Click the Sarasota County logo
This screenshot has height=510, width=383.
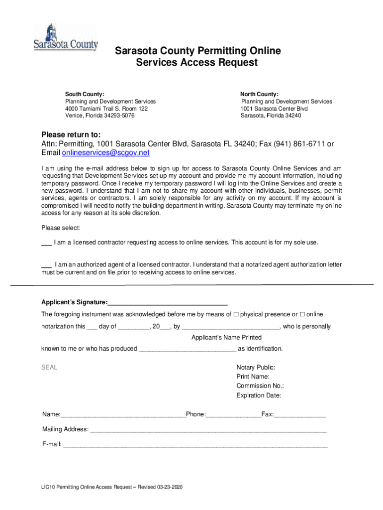(66, 37)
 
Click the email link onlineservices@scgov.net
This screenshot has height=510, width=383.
(105, 153)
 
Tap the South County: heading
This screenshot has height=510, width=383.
(85, 94)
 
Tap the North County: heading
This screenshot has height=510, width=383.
(259, 94)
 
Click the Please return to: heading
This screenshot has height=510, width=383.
(71, 134)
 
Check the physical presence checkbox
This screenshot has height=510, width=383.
(236, 314)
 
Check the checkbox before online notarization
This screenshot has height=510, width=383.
(302, 314)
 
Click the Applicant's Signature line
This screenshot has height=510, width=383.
(168, 302)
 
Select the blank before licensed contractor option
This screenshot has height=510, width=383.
(46, 243)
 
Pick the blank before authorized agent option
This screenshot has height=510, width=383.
(46, 264)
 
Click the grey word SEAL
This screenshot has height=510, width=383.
(49, 368)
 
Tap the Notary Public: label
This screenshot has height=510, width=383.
(256, 368)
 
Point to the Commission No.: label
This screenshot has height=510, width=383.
(260, 386)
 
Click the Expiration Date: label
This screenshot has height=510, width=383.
(259, 395)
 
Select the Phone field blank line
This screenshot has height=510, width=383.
(233, 415)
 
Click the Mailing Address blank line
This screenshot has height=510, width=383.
(208, 430)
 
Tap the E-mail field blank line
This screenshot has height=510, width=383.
(195, 445)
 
